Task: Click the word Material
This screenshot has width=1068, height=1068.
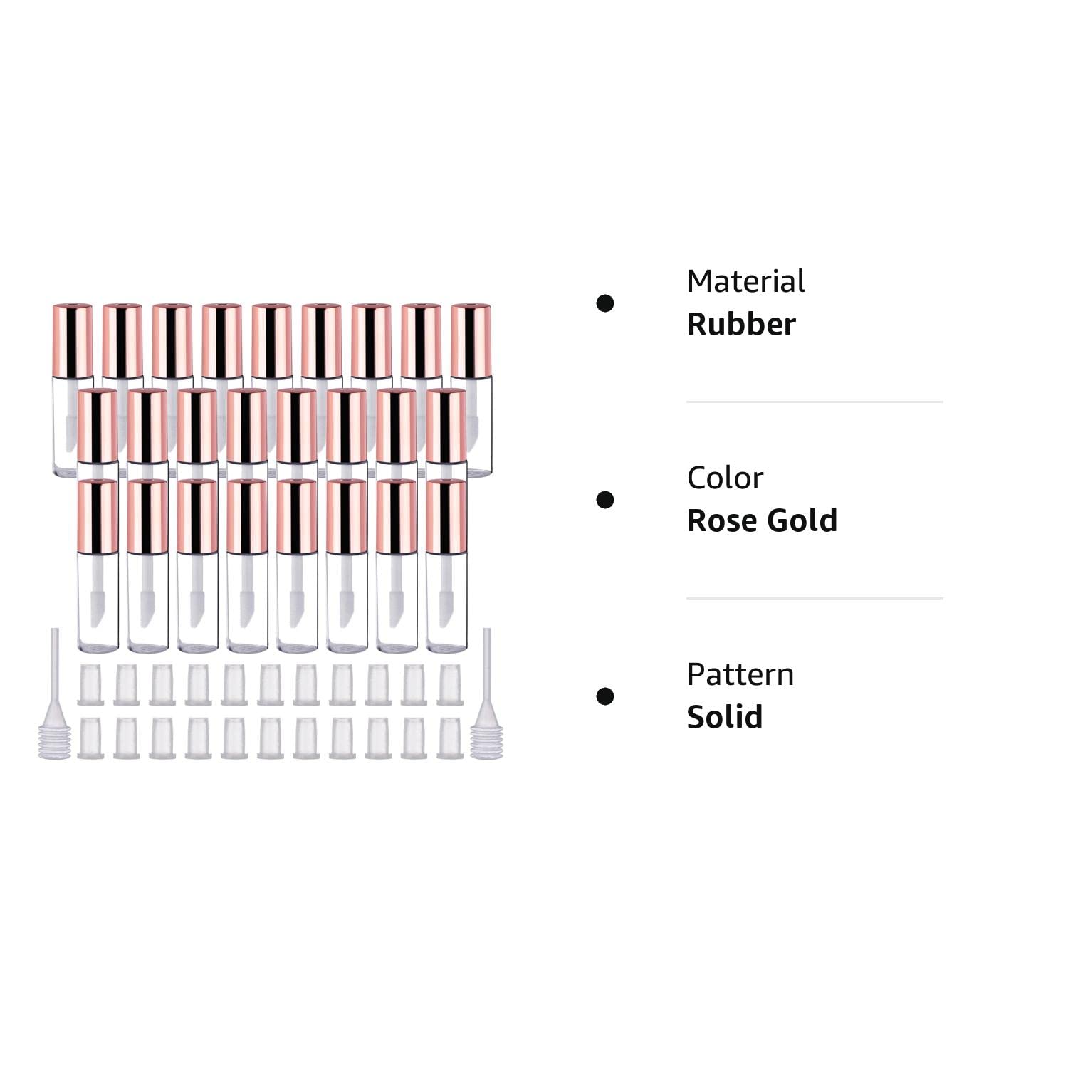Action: (745, 281)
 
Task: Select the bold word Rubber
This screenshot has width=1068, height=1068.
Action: (741, 324)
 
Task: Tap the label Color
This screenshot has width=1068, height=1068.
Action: (725, 478)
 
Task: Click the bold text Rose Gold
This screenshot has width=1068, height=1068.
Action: (762, 520)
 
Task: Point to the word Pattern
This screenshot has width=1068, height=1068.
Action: (740, 674)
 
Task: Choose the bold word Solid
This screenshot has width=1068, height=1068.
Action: (725, 717)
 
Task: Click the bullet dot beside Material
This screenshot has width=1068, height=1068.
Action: (605, 303)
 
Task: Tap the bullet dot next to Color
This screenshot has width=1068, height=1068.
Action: (605, 500)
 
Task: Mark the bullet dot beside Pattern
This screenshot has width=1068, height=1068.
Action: (605, 696)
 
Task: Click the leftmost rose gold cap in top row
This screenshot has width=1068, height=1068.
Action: (73, 340)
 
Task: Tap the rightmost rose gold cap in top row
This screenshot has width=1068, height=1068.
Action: (471, 340)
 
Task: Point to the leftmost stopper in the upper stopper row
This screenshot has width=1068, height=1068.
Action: (90, 684)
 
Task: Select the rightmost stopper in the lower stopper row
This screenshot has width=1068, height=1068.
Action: (449, 738)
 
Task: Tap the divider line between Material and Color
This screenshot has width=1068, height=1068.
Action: (815, 402)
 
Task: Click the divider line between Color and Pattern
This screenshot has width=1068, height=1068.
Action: (815, 598)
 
